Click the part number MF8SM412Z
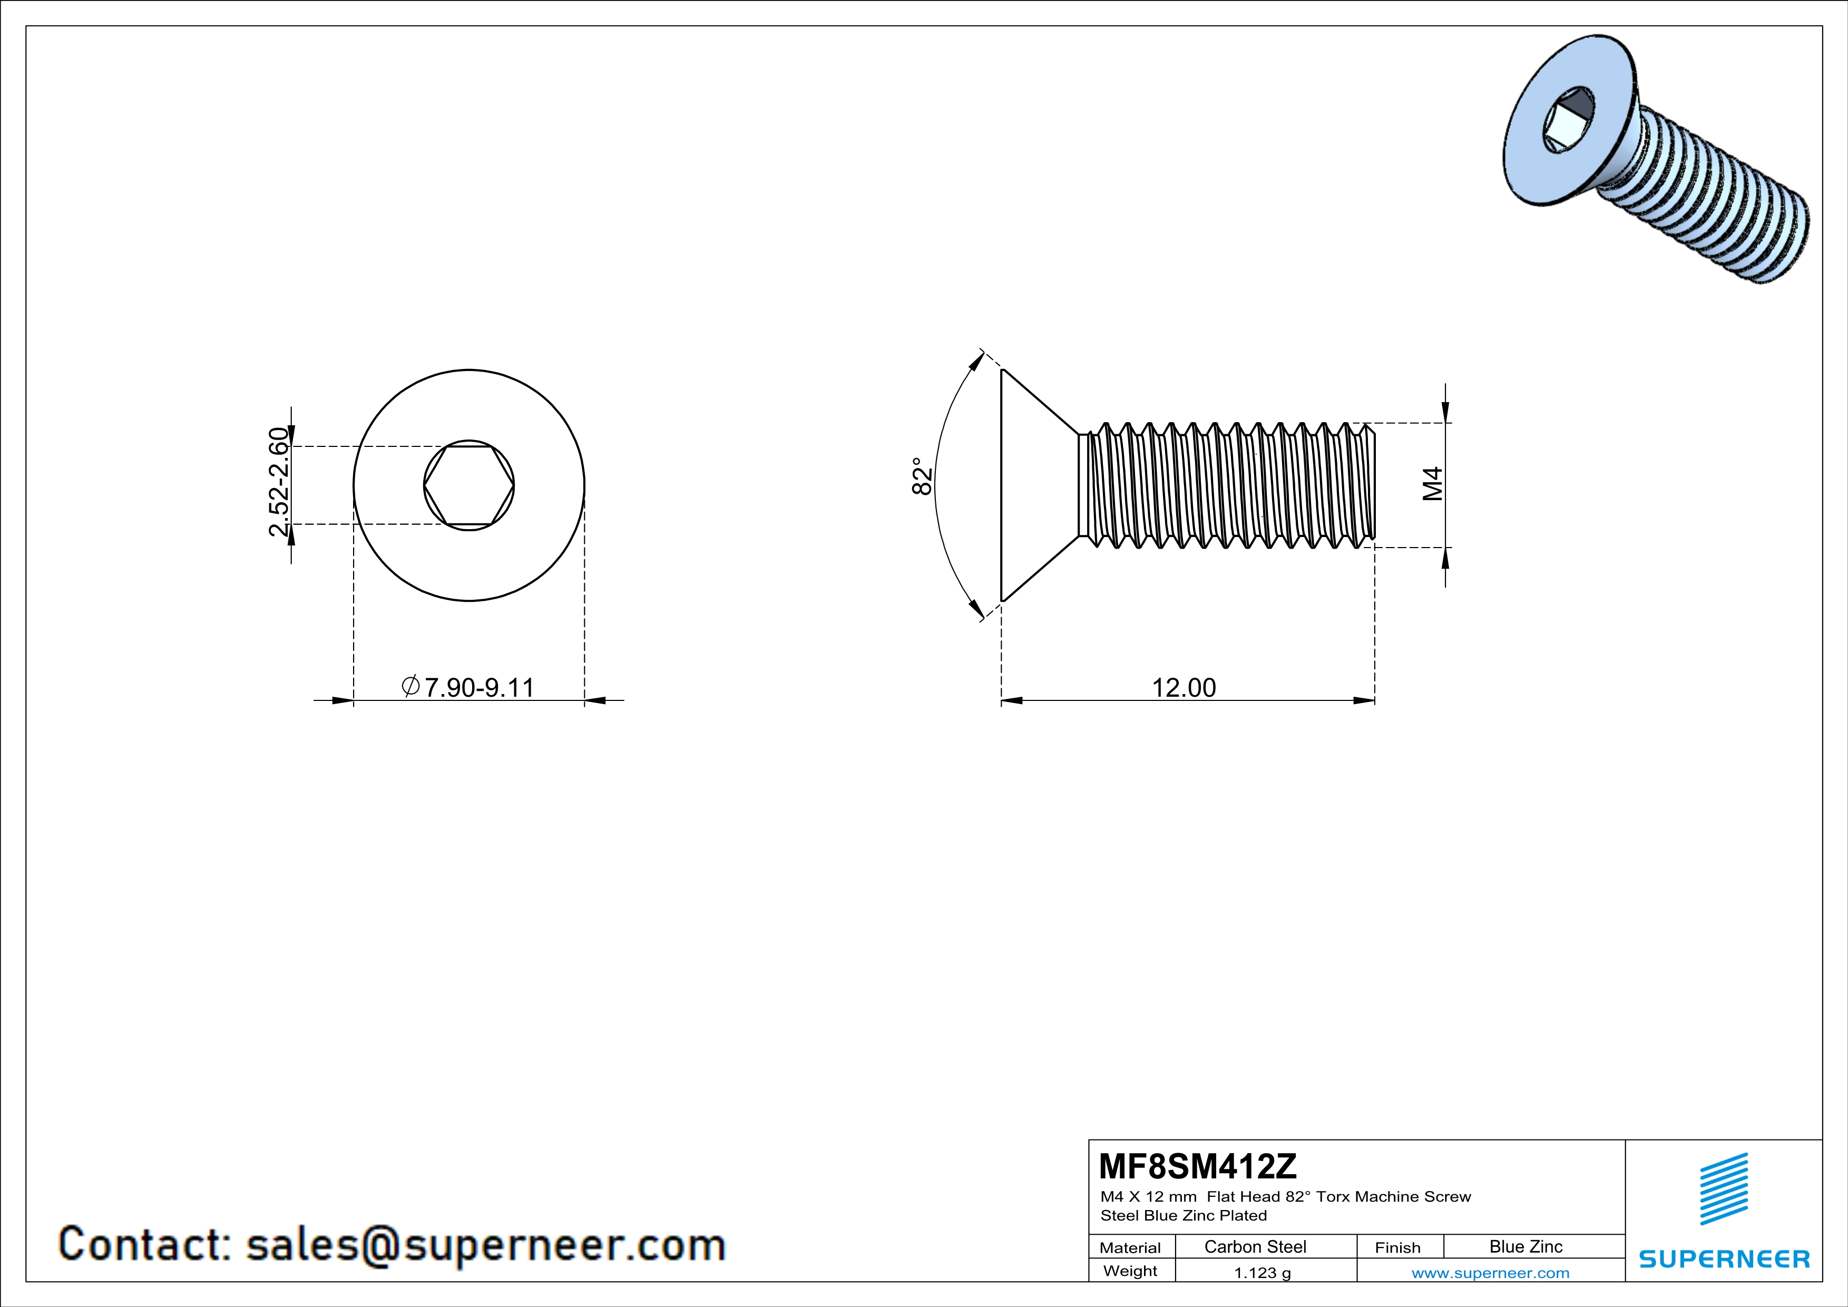click(x=1198, y=1166)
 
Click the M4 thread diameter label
click(x=1433, y=484)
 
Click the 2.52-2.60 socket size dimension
click(x=278, y=482)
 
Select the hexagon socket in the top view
click(x=469, y=485)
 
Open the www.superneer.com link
click(x=1490, y=1272)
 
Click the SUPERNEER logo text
click(x=1724, y=1260)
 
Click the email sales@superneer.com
click(x=485, y=1244)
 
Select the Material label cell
click(x=1130, y=1247)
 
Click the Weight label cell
click(x=1130, y=1271)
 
